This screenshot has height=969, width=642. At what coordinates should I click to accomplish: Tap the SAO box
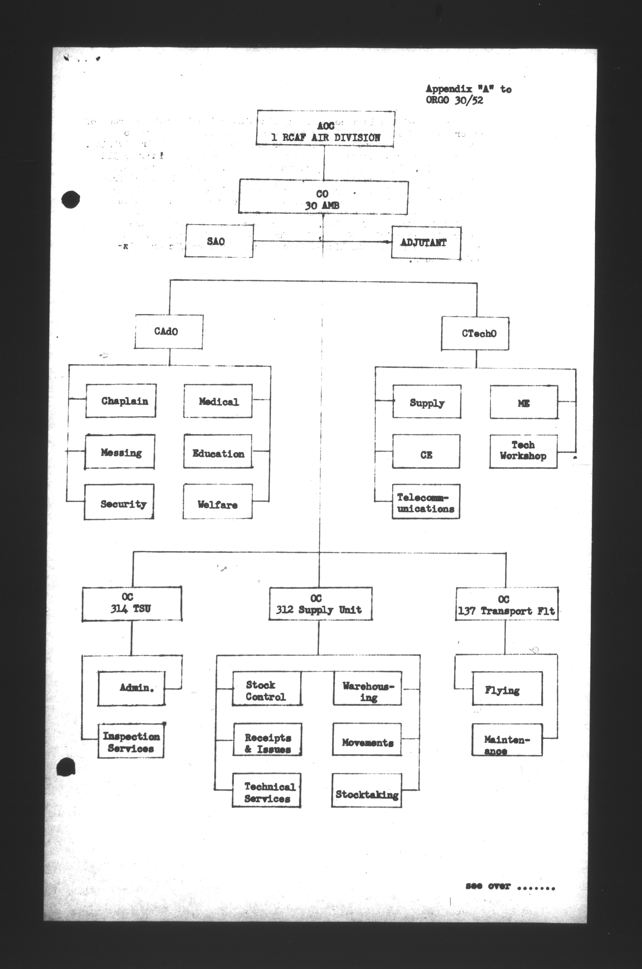pyautogui.click(x=219, y=241)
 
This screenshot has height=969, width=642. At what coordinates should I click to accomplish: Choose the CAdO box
pyautogui.click(x=168, y=331)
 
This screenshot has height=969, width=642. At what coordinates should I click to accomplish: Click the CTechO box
pyautogui.click(x=475, y=333)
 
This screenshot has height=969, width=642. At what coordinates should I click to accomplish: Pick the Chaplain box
pyautogui.click(x=121, y=401)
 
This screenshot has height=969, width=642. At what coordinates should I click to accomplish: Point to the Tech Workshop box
pyautogui.click(x=523, y=451)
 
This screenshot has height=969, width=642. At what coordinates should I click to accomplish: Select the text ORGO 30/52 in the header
pyautogui.click(x=454, y=100)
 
